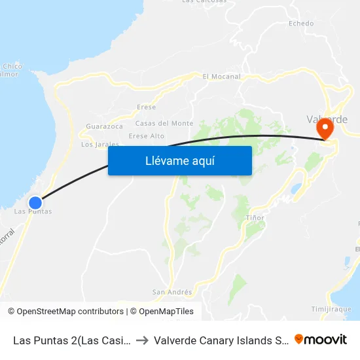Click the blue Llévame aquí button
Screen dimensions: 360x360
click(x=179, y=160)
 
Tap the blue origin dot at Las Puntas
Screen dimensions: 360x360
click(x=35, y=203)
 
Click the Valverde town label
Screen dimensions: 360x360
click(x=327, y=119)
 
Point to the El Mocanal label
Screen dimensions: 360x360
click(x=222, y=77)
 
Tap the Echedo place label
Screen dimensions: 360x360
click(x=301, y=24)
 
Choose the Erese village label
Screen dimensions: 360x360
click(x=147, y=107)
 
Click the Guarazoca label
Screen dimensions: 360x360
click(x=105, y=126)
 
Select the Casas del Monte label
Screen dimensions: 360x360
click(x=164, y=123)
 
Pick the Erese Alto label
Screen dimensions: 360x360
click(x=147, y=136)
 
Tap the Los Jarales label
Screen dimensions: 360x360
click(x=99, y=144)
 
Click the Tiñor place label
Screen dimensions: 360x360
click(x=255, y=217)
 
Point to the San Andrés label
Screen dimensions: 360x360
click(x=172, y=292)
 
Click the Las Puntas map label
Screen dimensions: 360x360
click(x=33, y=211)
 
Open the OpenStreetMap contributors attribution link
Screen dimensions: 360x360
click(x=70, y=312)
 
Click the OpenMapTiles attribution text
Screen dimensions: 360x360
click(x=166, y=312)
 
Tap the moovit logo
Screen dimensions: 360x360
click(x=321, y=339)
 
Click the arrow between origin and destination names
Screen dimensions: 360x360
click(x=141, y=340)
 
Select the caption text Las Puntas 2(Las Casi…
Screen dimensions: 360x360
click(x=72, y=340)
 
